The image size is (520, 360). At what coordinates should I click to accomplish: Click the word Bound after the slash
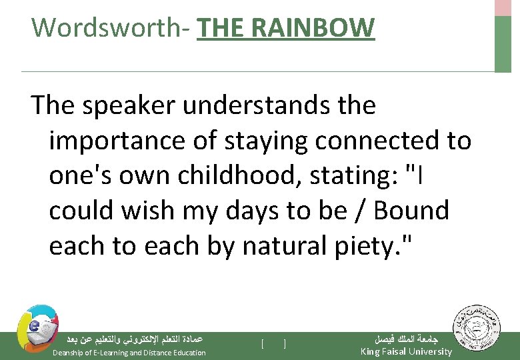(412, 211)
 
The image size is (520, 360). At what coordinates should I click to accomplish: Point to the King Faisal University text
(405, 351)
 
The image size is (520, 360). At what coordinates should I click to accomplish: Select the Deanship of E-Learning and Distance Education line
(129, 352)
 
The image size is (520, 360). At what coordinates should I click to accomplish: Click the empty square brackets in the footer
(274, 343)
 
